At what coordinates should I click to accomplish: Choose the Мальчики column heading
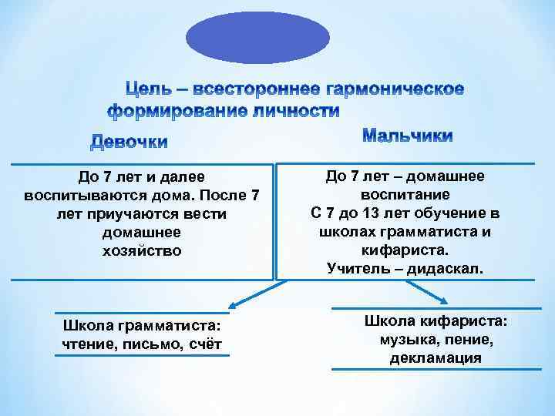click(x=408, y=136)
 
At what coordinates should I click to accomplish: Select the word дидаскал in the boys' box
click(x=449, y=269)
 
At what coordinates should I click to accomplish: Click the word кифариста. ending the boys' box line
click(x=405, y=250)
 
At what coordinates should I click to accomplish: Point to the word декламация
click(x=436, y=358)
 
